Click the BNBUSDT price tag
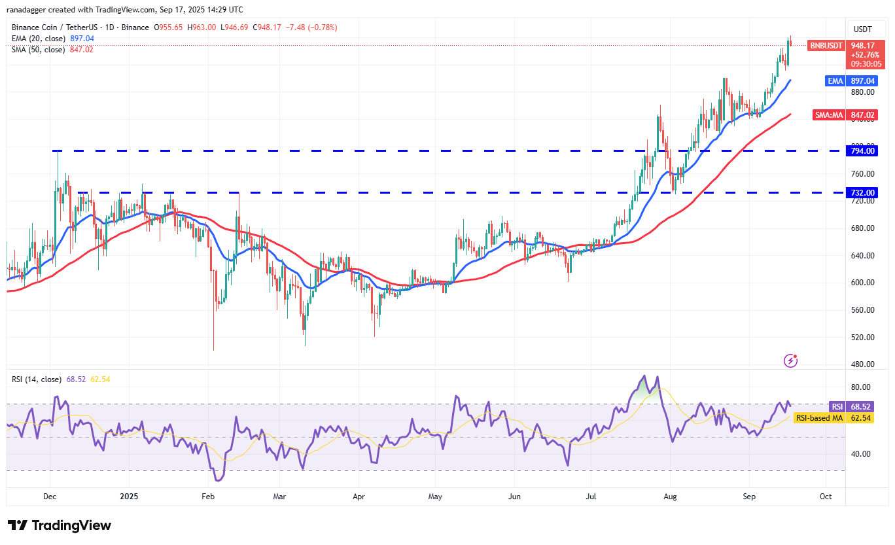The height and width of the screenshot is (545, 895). tap(826, 46)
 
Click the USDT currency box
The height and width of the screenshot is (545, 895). tap(864, 29)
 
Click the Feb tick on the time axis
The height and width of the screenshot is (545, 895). tap(208, 497)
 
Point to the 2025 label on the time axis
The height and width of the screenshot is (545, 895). tap(128, 497)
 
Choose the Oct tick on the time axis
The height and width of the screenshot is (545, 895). tap(826, 497)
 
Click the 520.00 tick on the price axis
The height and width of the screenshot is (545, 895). tap(862, 337)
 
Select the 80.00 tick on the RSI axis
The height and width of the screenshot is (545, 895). tap(861, 387)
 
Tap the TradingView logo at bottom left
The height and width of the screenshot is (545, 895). tap(60, 525)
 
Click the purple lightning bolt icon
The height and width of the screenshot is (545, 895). tap(791, 360)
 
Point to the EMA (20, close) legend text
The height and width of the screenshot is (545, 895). tap(38, 39)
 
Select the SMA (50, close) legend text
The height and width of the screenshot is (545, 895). tap(38, 50)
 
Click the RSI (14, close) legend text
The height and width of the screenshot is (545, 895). tap(37, 379)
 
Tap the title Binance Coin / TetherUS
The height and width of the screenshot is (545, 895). tap(58, 27)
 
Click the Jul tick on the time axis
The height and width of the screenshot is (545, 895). tap(592, 497)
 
